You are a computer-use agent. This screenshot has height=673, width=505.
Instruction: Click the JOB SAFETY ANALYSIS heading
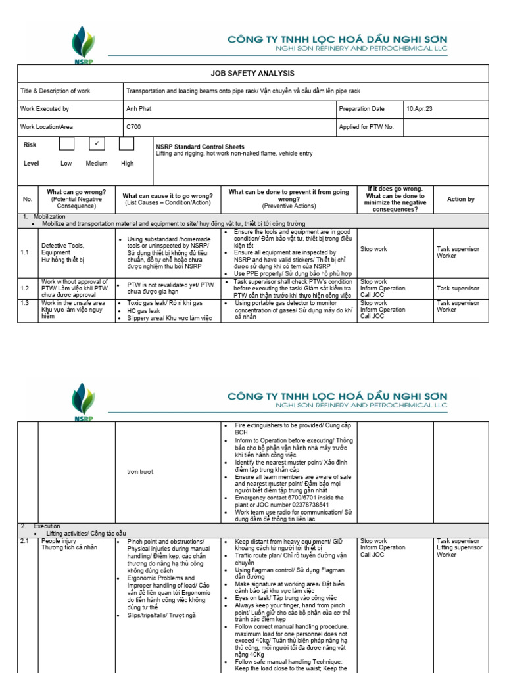click(x=252, y=74)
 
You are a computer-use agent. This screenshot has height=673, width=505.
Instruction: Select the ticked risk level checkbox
click(x=97, y=144)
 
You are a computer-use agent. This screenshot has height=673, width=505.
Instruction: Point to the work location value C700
click(x=133, y=127)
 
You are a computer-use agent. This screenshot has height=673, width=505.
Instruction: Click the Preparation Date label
click(x=362, y=109)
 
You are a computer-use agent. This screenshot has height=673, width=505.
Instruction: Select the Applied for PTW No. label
click(x=366, y=127)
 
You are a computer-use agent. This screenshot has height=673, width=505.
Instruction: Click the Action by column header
click(x=460, y=199)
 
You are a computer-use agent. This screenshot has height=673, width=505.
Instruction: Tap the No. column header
click(x=28, y=199)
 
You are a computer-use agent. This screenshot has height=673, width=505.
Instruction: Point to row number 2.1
click(x=25, y=542)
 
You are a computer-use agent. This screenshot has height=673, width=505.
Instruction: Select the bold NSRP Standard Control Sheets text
click(x=200, y=147)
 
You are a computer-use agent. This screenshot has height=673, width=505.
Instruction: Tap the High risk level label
click(x=127, y=163)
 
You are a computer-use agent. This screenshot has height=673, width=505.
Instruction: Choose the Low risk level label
click(x=66, y=163)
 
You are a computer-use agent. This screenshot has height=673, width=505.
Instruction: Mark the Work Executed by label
click(x=44, y=109)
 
